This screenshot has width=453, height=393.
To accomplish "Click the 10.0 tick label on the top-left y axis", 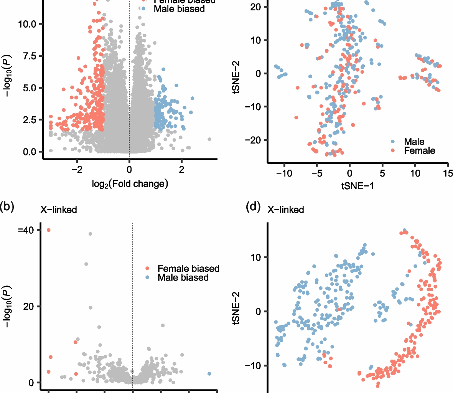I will pos(27,24).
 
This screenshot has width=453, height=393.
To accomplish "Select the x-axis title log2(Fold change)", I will pos(130,184).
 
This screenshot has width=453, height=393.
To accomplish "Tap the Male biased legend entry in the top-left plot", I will pos(179,8).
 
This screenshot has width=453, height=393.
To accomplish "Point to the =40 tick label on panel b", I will pos(26,230).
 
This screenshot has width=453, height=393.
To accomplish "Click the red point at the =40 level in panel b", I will pos(49,230).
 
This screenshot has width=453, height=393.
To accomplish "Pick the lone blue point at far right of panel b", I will pos(209,374).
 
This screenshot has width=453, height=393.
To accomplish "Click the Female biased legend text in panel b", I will pos(188,268).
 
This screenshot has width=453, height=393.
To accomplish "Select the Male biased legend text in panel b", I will pos(183,277).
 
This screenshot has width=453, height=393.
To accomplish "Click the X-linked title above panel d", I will pos(286,210).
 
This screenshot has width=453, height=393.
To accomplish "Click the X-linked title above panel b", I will pos(59,210).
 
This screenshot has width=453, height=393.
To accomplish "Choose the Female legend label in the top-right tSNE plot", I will pos(420,151).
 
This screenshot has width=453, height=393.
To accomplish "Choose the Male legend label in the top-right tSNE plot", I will pos(414,142).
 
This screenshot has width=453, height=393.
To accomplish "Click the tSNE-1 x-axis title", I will pos(357,186).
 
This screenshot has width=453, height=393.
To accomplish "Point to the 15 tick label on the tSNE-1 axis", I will pos(448,173).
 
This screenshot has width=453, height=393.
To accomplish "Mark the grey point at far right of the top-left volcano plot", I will pos(209,139).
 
